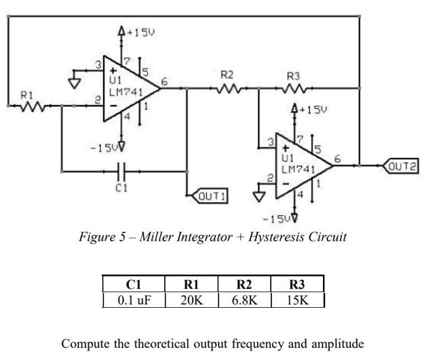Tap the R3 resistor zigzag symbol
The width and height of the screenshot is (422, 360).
tap(293, 87)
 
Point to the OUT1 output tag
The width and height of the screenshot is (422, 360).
tap(210, 197)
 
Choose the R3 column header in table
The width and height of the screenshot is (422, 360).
tap(297, 284)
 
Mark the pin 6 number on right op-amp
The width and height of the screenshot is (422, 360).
tap(337, 159)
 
